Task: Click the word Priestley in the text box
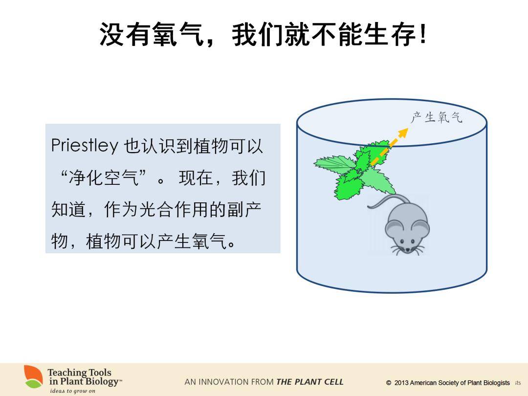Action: [85, 146]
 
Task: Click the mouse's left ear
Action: [393, 228]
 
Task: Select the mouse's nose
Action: [407, 249]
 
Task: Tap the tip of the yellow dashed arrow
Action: [408, 128]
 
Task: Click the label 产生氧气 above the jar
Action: [437, 117]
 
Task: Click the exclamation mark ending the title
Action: [423, 34]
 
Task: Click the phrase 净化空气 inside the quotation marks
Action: [104, 177]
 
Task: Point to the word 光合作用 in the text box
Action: [174, 209]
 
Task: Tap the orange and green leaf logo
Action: [33, 376]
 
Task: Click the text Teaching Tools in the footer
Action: [80, 373]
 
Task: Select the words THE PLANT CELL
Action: [310, 382]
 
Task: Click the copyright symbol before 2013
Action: [389, 383]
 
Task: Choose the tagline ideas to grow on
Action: [73, 391]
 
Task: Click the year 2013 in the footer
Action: [401, 383]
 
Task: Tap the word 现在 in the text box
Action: [196, 177]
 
